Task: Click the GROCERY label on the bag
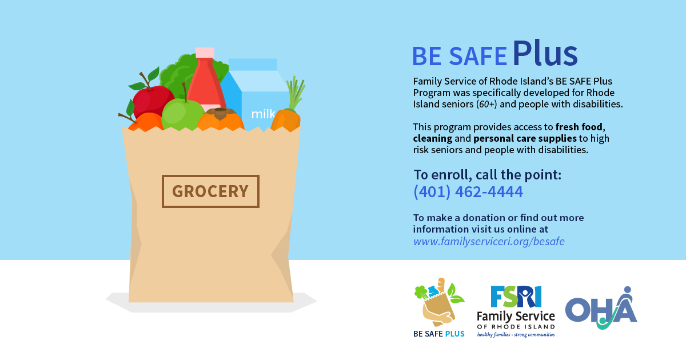click(210, 191)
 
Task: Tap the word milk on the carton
click(263, 114)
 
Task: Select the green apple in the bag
click(182, 114)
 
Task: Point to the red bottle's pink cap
click(205, 53)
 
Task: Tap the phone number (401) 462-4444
click(468, 192)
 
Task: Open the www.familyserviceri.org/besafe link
click(489, 241)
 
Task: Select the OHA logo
click(601, 309)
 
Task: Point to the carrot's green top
click(295, 93)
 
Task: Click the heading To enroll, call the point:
click(488, 175)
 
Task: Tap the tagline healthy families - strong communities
click(516, 334)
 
